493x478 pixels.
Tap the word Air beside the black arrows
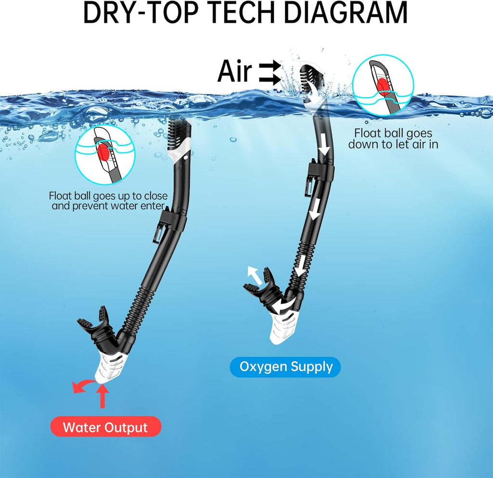[234, 71]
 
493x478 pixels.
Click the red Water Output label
[105, 427]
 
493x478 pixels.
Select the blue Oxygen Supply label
[285, 367]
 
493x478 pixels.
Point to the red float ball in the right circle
[383, 87]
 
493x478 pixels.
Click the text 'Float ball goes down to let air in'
[393, 138]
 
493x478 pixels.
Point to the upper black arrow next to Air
[270, 67]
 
